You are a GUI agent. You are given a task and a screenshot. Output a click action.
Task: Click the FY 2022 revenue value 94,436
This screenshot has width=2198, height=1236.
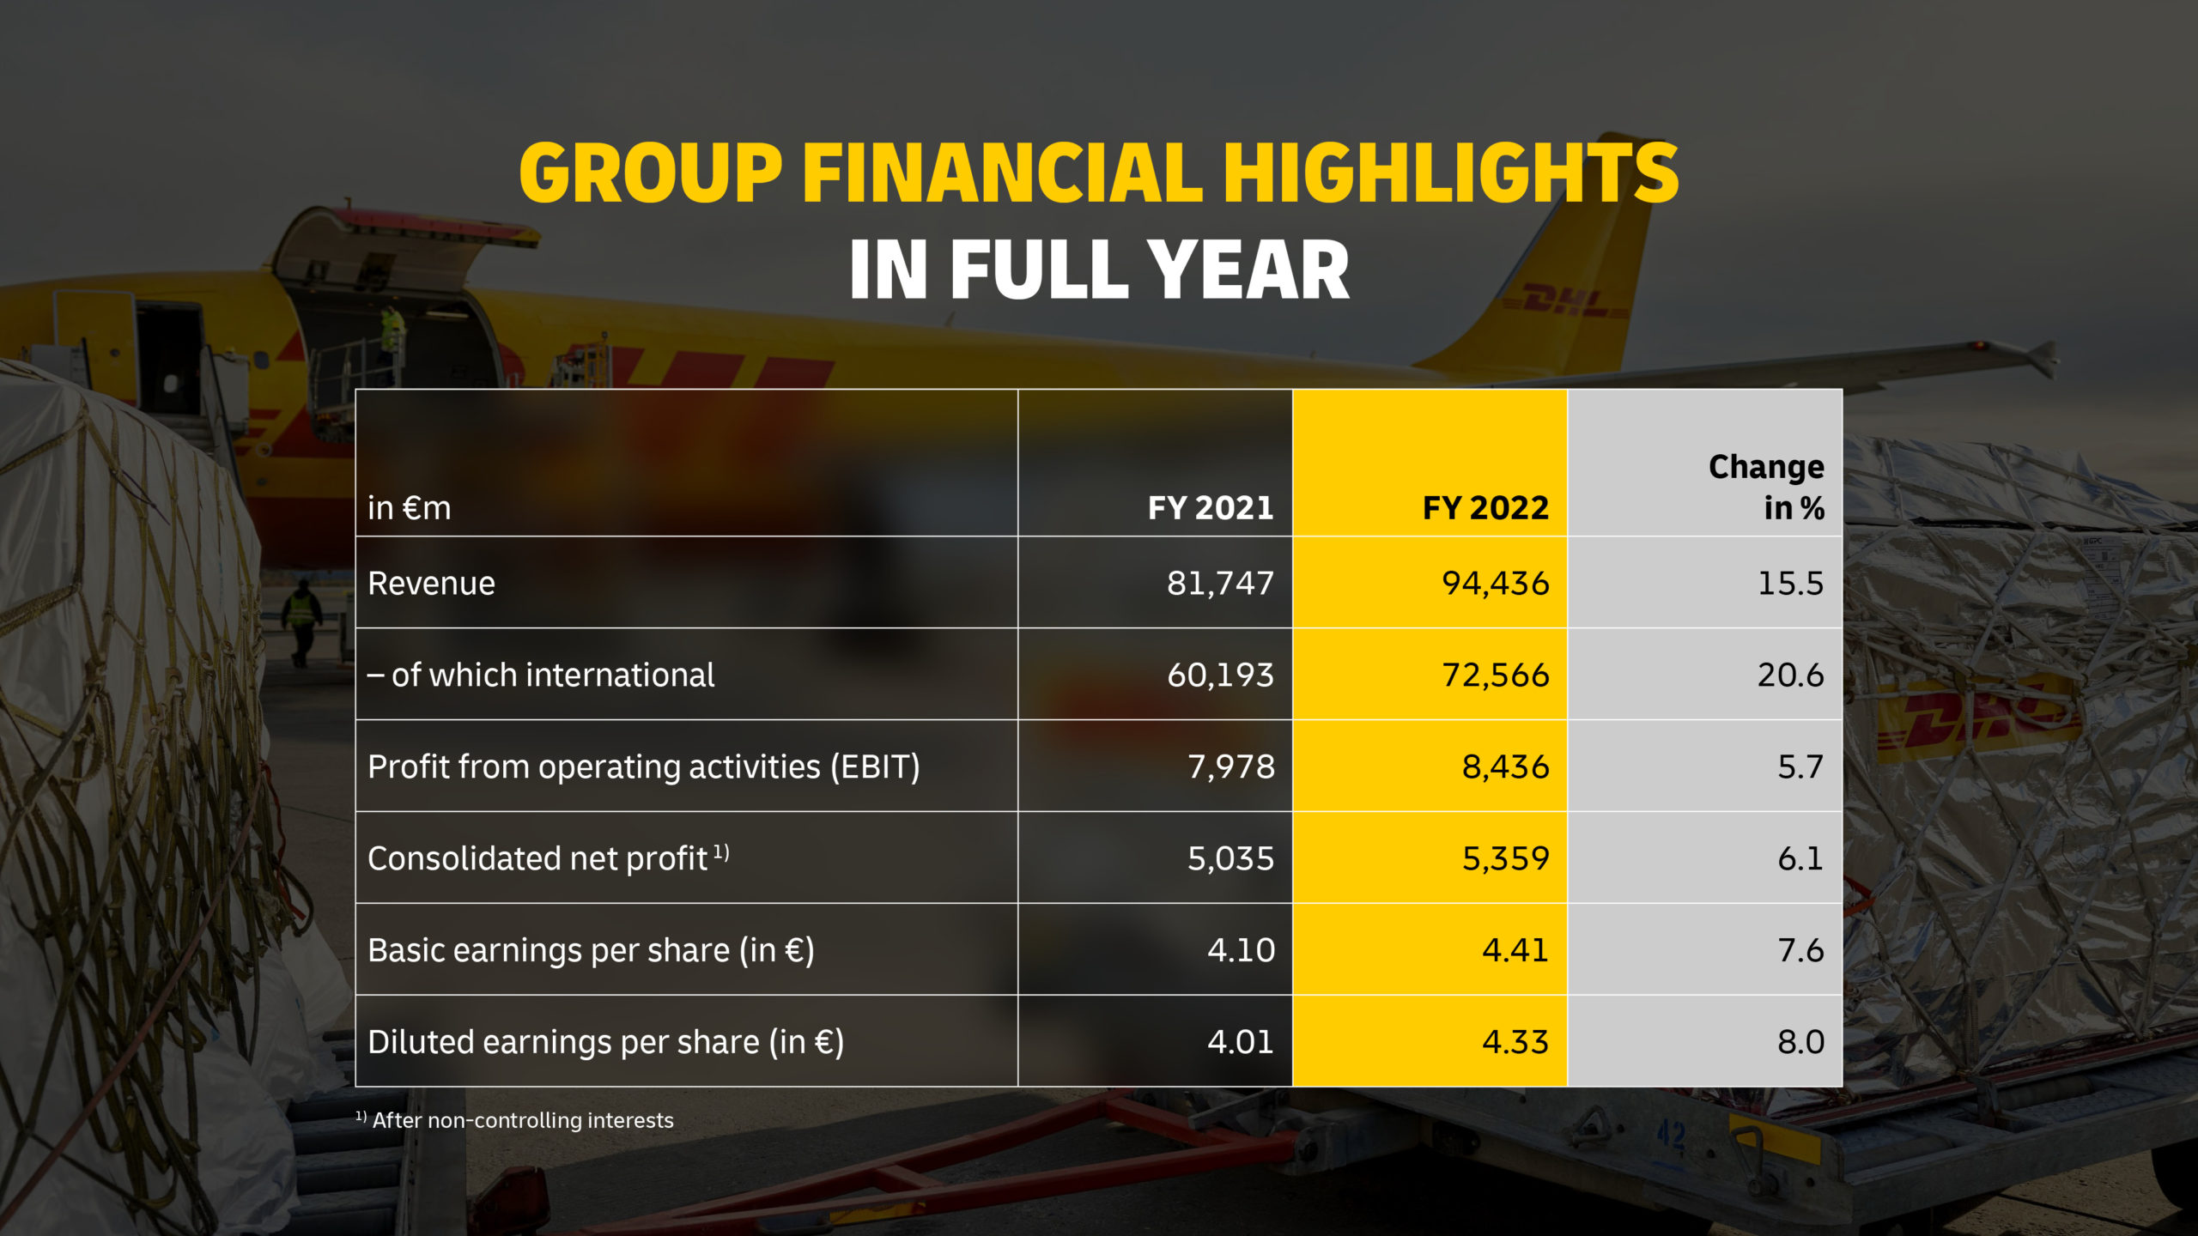1495,584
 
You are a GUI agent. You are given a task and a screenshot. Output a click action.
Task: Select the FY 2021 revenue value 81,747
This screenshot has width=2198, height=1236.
1220,584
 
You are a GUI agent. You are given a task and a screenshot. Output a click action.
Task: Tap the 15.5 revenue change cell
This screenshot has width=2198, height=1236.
1790,584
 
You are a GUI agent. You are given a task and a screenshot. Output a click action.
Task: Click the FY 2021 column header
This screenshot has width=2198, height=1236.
1211,508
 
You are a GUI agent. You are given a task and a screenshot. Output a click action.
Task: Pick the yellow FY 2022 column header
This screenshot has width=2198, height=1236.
1485,508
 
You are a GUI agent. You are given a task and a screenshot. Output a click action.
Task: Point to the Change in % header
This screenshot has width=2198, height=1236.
1766,487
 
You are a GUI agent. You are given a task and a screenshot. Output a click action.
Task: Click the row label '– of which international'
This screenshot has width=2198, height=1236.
541,676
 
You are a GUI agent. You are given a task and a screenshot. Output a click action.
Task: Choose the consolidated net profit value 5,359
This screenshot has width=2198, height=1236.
1505,858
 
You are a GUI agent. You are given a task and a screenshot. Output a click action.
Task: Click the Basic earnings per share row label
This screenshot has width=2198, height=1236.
591,950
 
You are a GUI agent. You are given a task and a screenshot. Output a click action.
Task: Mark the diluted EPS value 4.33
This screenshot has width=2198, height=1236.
1515,1042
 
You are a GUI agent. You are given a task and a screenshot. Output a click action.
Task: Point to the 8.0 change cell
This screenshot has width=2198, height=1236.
1800,1042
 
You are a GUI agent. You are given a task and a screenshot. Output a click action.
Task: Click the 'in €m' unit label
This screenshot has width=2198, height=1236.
409,508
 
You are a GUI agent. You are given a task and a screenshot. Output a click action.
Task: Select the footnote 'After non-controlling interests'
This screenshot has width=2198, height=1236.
522,1120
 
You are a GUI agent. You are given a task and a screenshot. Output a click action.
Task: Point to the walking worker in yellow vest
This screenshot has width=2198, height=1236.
301,620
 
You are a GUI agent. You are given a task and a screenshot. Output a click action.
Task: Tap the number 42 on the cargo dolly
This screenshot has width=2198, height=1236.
1671,1136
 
